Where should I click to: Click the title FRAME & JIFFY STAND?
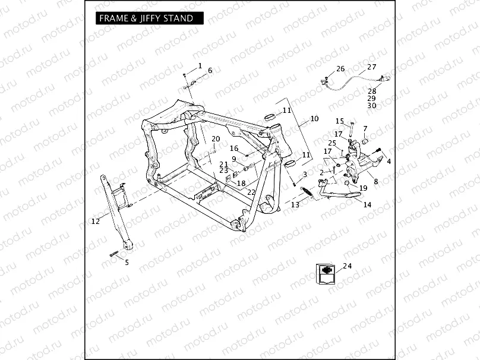tap(146, 18)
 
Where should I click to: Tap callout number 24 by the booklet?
tap(347, 266)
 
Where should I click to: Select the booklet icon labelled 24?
tap(324, 274)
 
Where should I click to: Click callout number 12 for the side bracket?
tap(96, 222)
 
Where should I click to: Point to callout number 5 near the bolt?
tap(126, 262)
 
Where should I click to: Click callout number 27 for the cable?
tap(371, 67)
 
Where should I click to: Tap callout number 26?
tap(340, 70)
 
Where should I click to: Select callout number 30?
tap(371, 106)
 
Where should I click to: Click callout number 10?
tap(314, 119)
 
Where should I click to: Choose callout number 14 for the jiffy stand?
tap(367, 204)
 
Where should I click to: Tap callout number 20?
tap(216, 139)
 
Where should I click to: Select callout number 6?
tap(210, 71)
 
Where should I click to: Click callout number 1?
tap(200, 65)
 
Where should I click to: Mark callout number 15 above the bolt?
tap(339, 121)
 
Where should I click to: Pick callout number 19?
tap(364, 188)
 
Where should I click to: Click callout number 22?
tap(251, 192)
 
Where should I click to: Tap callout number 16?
tap(234, 149)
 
